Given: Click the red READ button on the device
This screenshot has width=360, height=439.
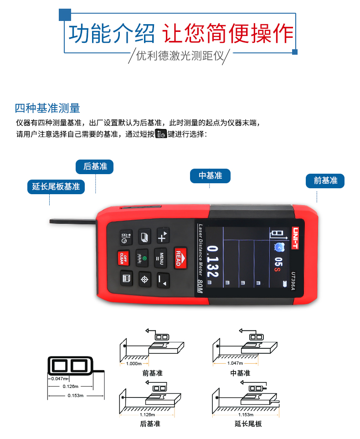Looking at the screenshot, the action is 180,258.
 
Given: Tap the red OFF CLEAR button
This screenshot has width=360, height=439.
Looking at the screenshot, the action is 123,258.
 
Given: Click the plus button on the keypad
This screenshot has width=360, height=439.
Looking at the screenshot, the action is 163,236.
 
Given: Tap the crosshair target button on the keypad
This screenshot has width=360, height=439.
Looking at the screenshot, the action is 144,279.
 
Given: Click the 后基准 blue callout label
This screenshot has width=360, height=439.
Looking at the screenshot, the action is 95,166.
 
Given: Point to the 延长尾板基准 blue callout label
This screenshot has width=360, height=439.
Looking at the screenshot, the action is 56,187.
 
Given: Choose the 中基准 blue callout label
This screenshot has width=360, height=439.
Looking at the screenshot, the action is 210,176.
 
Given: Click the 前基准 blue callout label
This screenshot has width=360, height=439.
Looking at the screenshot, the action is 325,181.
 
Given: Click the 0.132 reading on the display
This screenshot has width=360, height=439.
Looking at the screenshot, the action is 212,262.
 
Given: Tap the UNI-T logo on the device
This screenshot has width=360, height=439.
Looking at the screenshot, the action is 295,238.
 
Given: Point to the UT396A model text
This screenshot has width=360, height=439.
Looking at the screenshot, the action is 293,281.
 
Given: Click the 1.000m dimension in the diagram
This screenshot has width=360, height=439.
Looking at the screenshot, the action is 134,364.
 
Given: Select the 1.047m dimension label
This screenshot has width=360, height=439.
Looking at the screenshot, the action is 235,363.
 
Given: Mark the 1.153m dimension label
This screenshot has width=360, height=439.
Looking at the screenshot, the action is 246,415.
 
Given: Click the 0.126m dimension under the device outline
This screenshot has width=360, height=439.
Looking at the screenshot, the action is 71,387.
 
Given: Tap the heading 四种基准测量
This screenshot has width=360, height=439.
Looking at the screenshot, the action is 47,108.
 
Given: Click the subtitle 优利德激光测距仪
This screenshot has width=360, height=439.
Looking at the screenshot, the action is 180,56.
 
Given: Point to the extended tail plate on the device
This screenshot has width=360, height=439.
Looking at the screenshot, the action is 73,222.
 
